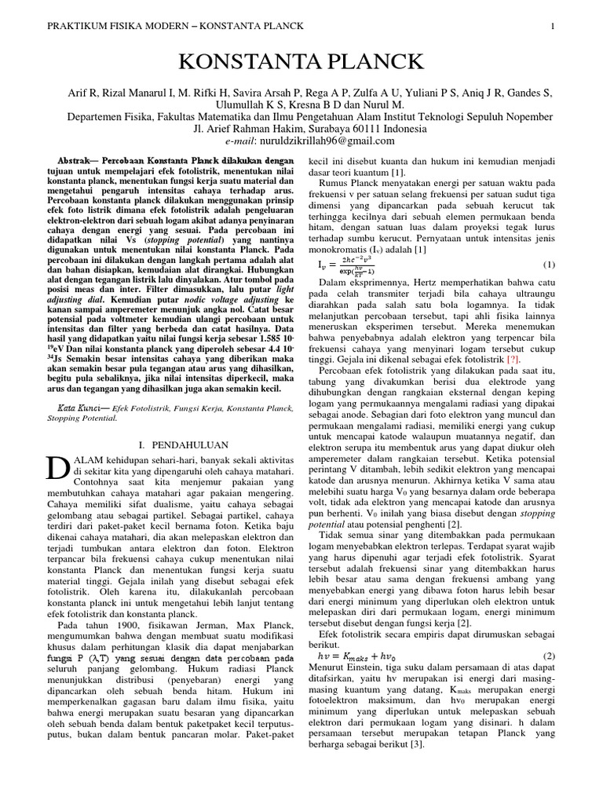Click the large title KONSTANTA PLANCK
301,61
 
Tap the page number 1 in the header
553,26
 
